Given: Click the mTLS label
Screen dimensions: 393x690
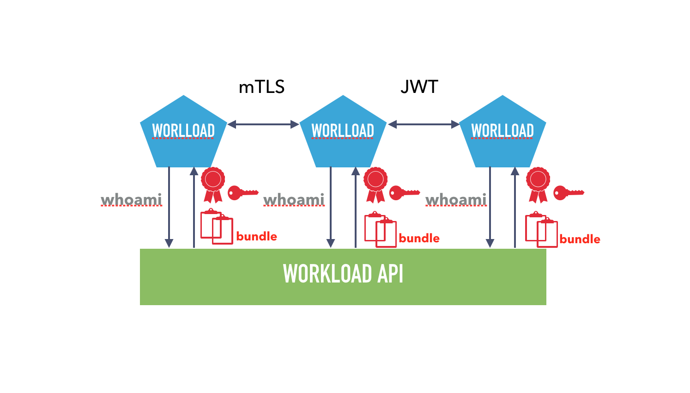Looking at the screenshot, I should pos(261,87).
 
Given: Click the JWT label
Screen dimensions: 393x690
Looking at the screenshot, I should pos(419,87).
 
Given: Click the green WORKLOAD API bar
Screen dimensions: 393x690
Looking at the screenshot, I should pos(343,276).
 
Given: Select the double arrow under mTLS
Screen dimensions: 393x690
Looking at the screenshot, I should pos(263,124).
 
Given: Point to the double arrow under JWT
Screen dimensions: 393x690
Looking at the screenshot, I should pos(424,124).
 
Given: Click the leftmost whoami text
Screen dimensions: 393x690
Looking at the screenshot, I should pos(132,200).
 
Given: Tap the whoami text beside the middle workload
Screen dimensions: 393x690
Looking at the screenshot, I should pos(294,200).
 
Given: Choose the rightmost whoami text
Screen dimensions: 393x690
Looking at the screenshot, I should pos(456,200).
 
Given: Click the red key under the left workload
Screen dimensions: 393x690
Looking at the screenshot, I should pos(242,192).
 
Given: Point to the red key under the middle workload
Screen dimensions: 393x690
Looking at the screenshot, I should pos(404,192).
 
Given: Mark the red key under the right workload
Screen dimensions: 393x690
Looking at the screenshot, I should pos(568,192).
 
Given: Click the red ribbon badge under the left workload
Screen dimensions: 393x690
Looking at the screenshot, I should pos(213,184).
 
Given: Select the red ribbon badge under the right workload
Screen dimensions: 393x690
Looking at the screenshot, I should pos(538,184).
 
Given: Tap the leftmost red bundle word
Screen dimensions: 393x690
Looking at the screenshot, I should pos(256,236).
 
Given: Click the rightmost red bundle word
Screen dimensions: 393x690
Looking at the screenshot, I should pos(580,239).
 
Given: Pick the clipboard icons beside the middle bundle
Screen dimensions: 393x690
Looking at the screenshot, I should pos(380,229).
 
